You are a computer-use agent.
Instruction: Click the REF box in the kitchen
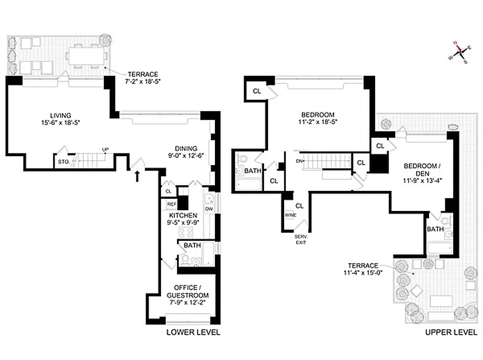click(x=171, y=204)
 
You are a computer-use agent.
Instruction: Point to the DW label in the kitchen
click(x=209, y=209)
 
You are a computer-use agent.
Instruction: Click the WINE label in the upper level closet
click(x=291, y=215)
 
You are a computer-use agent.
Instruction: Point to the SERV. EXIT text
click(x=301, y=239)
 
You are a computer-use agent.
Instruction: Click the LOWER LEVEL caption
click(x=193, y=333)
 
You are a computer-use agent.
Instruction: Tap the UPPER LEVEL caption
click(x=451, y=333)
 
